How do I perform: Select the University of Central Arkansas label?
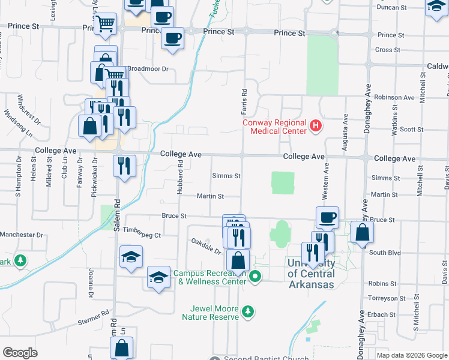[310, 274]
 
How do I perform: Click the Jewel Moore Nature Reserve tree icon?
[247, 311]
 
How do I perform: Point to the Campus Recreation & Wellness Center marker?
[256, 277]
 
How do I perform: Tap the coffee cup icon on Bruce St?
[327, 218]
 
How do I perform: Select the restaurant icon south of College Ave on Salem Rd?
[124, 166]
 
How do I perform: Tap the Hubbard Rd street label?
[179, 174]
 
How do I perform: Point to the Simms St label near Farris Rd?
[226, 176]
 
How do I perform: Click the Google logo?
[20, 353]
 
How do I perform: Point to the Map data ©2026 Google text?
[411, 355]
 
